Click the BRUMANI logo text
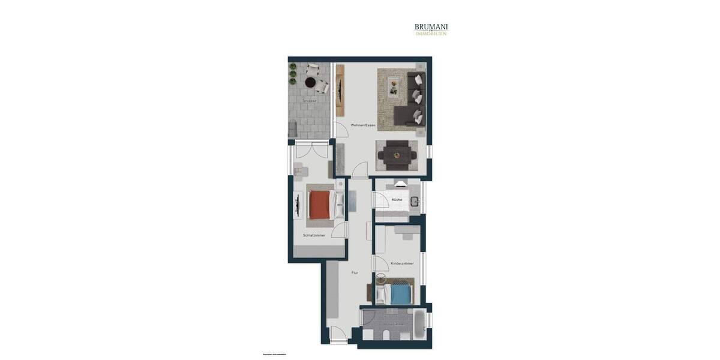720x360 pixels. pos(431,27)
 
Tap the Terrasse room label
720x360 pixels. pos(310,101)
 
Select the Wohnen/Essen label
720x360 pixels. pos(363,125)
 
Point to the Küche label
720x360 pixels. pos(397,199)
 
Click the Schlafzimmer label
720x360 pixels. pos(314,235)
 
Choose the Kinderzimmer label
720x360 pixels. pos(402,263)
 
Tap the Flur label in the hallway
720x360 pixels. pos(355,273)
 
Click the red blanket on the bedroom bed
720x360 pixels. pos(320,205)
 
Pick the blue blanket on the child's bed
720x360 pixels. pos(401,294)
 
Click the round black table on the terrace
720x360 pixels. pos(311,83)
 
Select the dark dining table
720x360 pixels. pos(397,155)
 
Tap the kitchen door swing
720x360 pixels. pos(380,200)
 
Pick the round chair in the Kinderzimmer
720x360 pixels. pos(382,278)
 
